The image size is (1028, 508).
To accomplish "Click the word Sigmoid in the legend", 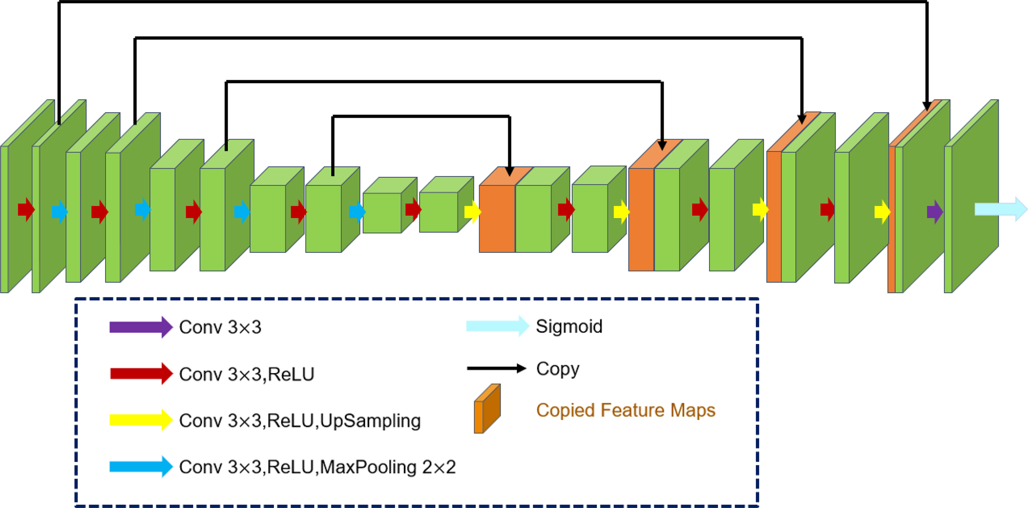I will point(569,327).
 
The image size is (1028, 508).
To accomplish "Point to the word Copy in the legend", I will point(557,369).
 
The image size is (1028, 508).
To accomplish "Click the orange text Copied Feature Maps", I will point(625,411).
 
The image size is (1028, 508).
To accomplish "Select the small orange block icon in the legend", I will point(486,409).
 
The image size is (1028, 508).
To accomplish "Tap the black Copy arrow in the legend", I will point(496,368).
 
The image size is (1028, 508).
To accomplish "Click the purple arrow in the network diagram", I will point(934,212).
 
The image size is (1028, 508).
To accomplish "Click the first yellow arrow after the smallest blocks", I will point(472,212).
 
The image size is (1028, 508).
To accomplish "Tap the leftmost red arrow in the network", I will point(26,209).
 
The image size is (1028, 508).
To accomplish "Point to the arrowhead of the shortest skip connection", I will point(509,171).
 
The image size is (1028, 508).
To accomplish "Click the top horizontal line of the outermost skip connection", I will point(493,2).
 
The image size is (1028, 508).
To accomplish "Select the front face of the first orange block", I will point(497,218).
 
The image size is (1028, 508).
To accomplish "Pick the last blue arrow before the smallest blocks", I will point(357,212).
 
